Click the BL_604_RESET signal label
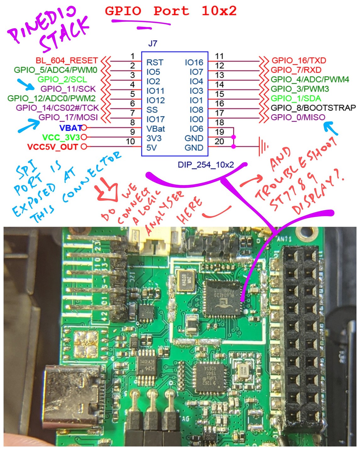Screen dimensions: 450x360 click(x=67, y=60)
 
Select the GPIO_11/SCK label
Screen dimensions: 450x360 click(x=68, y=89)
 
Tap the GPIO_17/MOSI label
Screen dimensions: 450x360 click(x=68, y=117)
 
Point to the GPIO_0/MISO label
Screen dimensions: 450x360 click(x=298, y=117)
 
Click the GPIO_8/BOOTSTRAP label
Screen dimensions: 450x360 click(x=313, y=108)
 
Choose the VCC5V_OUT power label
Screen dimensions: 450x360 click(x=53, y=147)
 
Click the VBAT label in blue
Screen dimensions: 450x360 click(x=70, y=128)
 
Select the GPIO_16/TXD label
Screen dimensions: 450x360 click(x=298, y=60)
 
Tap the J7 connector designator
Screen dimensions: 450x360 click(x=152, y=44)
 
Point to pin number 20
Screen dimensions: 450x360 click(x=219, y=142)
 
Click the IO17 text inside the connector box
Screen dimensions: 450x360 click(x=155, y=119)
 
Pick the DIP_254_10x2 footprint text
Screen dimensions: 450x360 click(x=206, y=164)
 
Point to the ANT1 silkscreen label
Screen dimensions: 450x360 click(x=284, y=239)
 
